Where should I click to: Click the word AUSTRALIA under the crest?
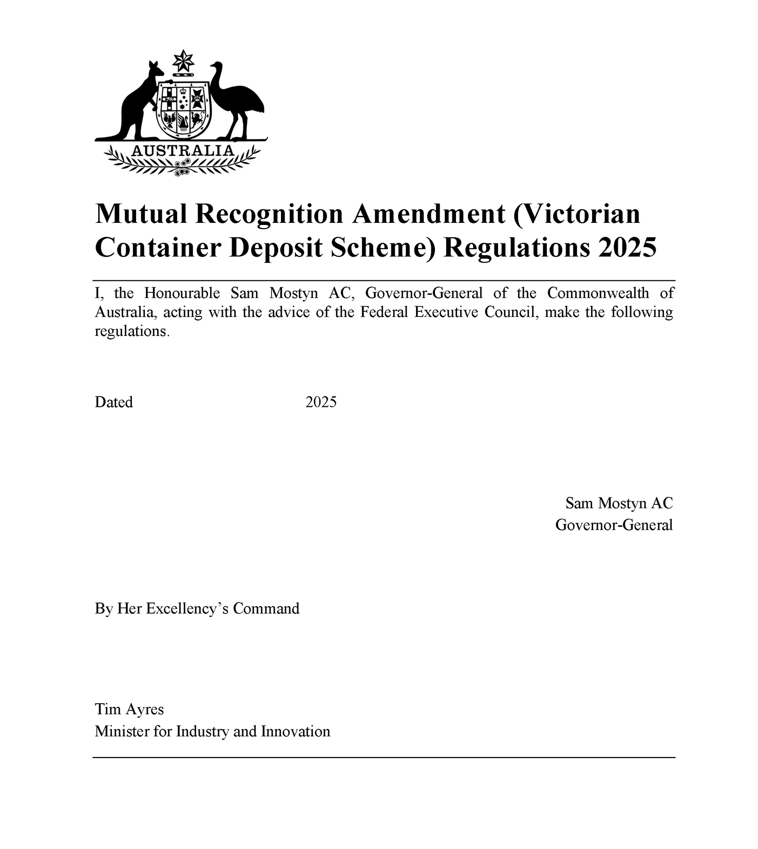[183, 150]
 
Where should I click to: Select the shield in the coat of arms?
[183, 109]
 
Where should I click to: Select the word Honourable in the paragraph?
[182, 293]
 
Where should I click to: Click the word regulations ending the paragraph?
[131, 331]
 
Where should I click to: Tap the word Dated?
[113, 402]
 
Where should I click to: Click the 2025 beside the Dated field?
[321, 402]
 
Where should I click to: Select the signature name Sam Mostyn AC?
[619, 503]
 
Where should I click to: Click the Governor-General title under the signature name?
[614, 525]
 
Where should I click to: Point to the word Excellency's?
[187, 609]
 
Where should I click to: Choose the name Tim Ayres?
[129, 709]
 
